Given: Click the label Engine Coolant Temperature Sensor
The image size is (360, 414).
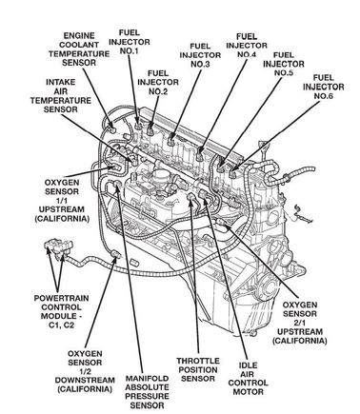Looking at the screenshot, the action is click(x=79, y=49).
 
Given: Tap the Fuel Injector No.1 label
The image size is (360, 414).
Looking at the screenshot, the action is click(x=130, y=42).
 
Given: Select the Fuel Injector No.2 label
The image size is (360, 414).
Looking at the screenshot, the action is click(x=158, y=83).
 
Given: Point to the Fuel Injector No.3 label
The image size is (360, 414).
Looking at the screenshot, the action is click(x=200, y=55).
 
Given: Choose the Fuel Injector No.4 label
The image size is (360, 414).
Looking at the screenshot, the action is click(x=247, y=46).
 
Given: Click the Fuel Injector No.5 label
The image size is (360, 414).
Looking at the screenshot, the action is click(x=284, y=64).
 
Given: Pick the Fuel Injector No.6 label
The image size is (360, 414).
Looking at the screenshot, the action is click(x=324, y=87).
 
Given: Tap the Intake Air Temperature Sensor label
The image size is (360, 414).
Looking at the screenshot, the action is click(x=61, y=96).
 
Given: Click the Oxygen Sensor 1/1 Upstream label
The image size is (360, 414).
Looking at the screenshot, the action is click(x=62, y=201).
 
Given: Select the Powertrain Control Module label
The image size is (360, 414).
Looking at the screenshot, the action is click(x=57, y=311).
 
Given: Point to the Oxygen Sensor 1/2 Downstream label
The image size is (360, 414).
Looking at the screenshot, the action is click(x=85, y=371).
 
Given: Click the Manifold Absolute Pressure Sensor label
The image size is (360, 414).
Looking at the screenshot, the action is click(x=147, y=392).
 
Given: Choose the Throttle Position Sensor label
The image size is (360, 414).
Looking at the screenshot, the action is click(x=198, y=369).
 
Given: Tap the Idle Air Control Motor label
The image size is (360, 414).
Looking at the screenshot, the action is click(x=249, y=379).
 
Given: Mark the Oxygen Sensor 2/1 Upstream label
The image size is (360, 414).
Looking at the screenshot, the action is click(x=300, y=323).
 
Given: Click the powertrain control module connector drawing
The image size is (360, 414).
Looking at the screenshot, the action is click(x=59, y=248).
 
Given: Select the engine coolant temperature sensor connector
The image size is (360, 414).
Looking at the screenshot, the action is click(x=111, y=127).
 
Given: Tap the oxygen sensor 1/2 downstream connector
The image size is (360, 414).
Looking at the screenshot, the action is click(x=115, y=254).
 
